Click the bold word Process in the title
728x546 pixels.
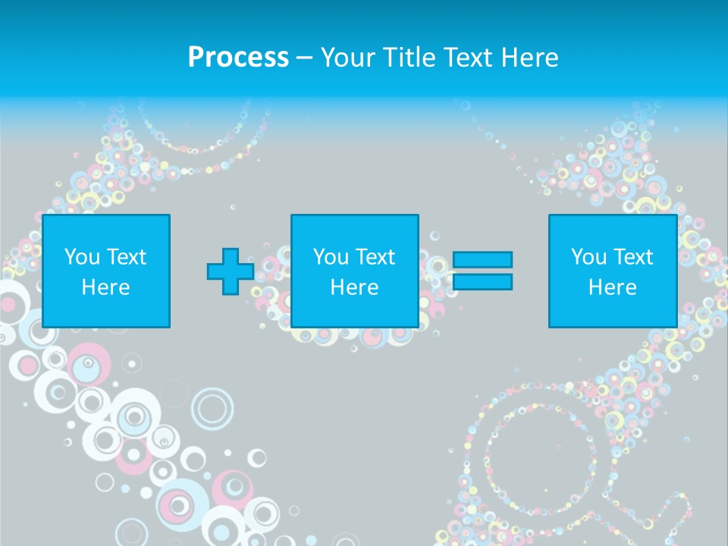tap(238, 58)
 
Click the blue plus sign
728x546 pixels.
tap(231, 271)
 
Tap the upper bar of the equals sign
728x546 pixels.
tap(482, 259)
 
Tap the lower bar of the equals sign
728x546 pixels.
tap(482, 282)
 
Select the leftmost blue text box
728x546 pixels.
tap(106, 271)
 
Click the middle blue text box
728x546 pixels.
tap(354, 271)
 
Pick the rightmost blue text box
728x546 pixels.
tap(613, 271)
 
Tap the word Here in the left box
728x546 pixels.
tap(106, 287)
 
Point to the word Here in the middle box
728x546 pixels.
tap(354, 287)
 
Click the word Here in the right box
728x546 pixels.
tap(613, 287)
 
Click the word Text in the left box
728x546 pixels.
tap(127, 257)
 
